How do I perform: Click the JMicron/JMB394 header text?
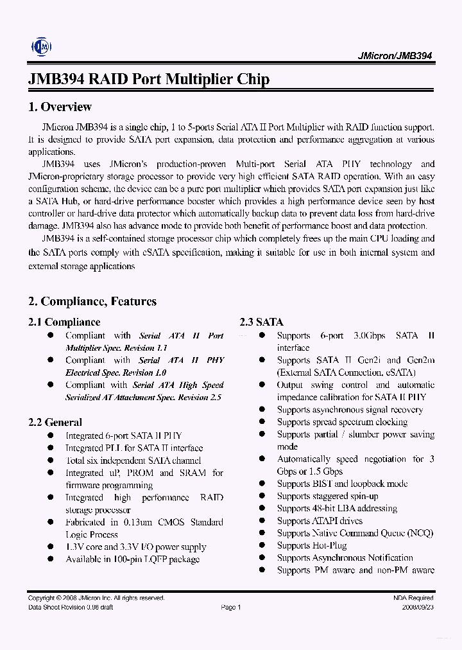coord(394,56)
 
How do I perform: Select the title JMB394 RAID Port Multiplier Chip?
coord(149,80)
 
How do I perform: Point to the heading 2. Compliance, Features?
coord(92,301)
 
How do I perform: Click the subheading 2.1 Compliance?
coord(64,322)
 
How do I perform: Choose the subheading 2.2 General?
coord(55,423)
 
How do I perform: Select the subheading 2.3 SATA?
coord(261,322)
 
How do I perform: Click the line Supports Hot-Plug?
coord(312,545)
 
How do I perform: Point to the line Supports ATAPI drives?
coord(320,521)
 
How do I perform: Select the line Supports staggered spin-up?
coord(327,496)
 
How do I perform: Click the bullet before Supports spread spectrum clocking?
coord(262,422)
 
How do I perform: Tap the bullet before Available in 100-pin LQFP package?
coord(51,559)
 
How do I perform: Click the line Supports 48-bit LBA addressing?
coord(337,508)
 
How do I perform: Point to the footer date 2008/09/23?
coord(418,607)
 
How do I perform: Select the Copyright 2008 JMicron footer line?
coord(88,598)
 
